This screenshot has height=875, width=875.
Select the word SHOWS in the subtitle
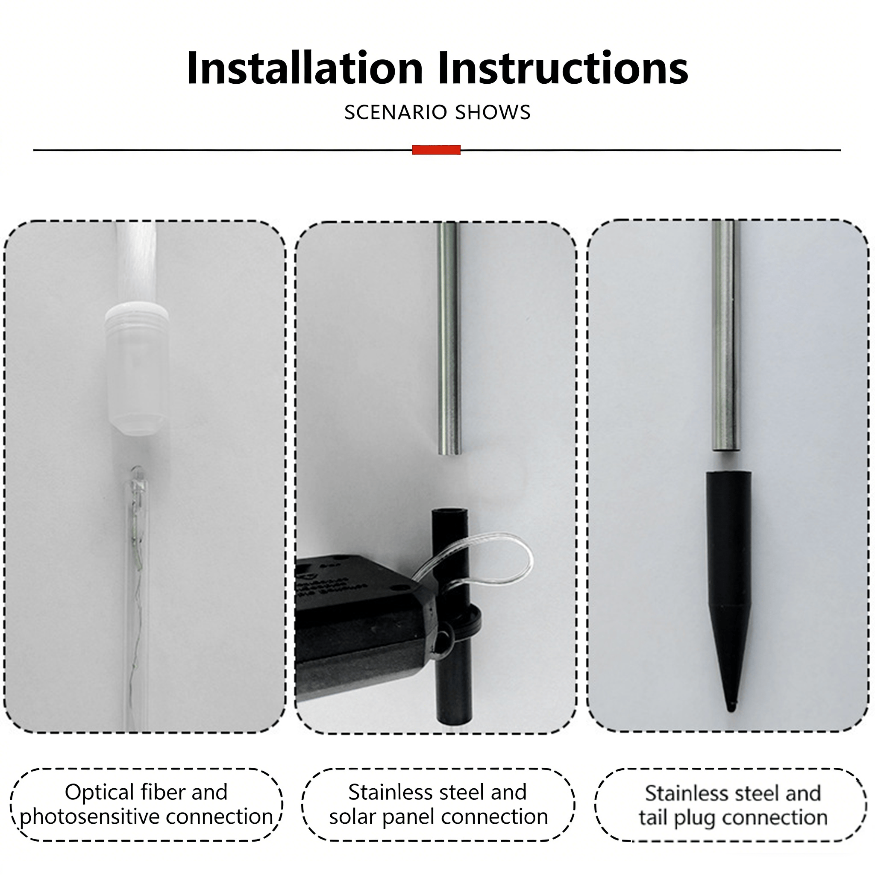click(493, 112)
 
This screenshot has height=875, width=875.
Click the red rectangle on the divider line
click(436, 150)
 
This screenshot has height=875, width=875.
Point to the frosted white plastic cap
click(137, 370)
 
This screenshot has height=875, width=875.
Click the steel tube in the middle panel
click(449, 338)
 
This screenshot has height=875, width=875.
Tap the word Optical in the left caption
click(99, 792)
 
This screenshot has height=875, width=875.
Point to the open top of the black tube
click(450, 512)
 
